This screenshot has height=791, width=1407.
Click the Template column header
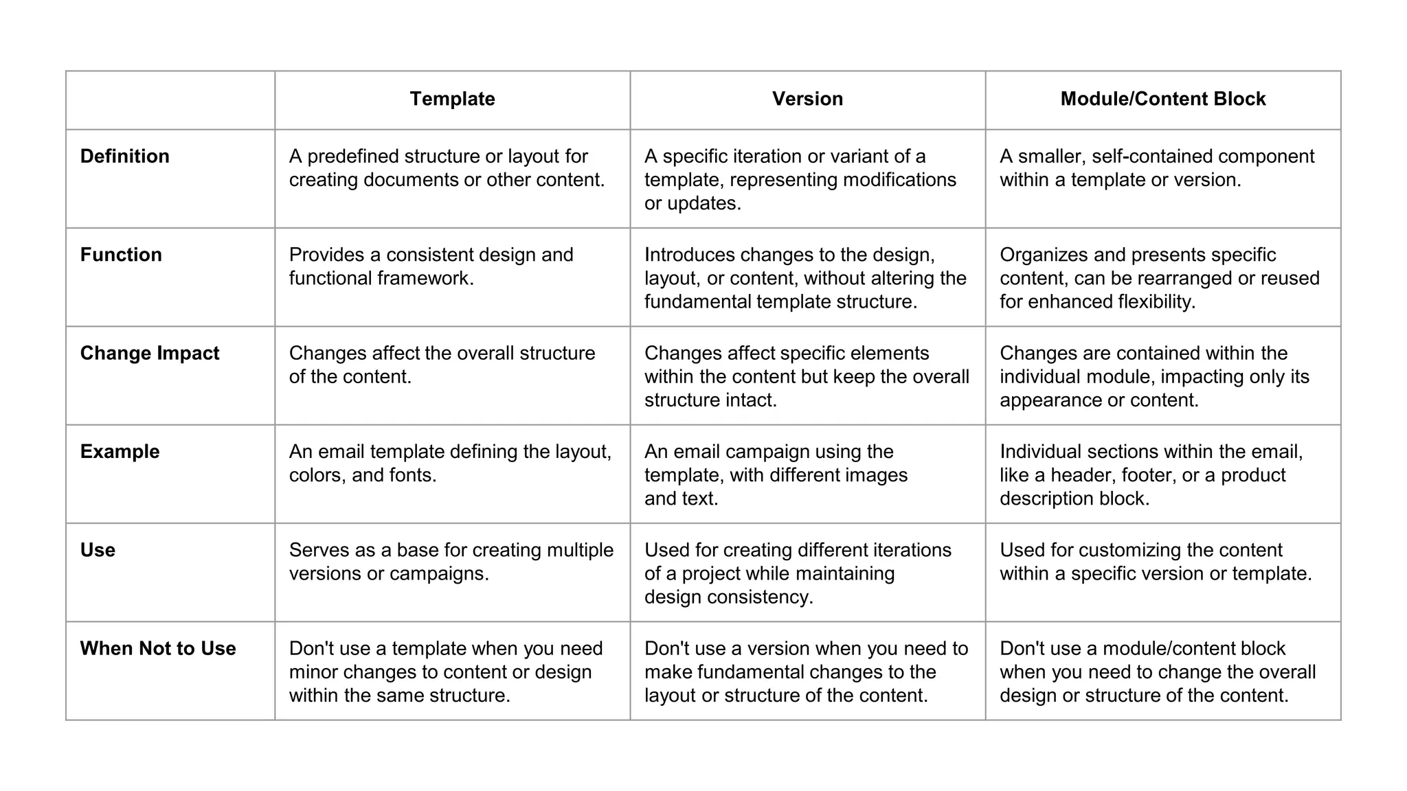pyautogui.click(x=452, y=99)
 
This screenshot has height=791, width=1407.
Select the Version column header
pyautogui.click(x=807, y=99)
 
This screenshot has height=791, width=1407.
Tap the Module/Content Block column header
pyautogui.click(x=1162, y=99)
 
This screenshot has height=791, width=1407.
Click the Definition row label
pyautogui.click(x=124, y=157)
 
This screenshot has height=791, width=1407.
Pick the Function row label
pyautogui.click(x=121, y=255)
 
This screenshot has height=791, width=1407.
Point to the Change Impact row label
pyautogui.click(x=150, y=353)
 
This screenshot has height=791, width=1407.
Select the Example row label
pyautogui.click(x=120, y=452)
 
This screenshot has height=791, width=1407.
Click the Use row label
pyautogui.click(x=98, y=550)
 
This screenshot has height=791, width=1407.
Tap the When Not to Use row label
pyautogui.click(x=158, y=648)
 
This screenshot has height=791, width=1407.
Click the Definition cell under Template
pyautogui.click(x=447, y=168)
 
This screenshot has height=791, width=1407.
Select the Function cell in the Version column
pyautogui.click(x=805, y=278)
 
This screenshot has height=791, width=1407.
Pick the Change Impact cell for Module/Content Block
pyautogui.click(x=1154, y=376)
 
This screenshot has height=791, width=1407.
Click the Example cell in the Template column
pyautogui.click(x=450, y=463)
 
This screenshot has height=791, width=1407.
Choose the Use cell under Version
pyautogui.click(x=797, y=573)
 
